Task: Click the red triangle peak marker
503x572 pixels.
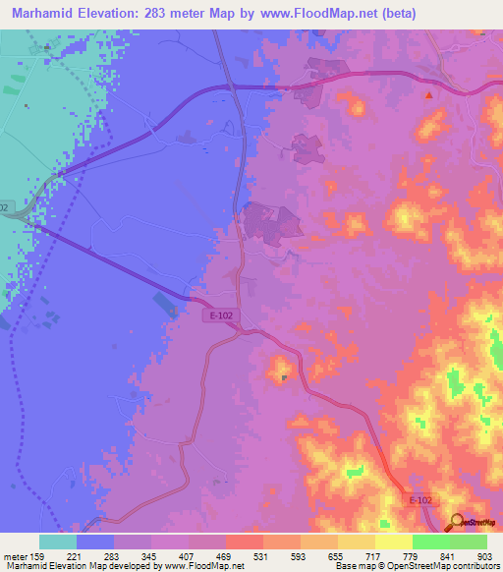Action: point(428,95)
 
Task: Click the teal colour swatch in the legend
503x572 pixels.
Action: point(58,542)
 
